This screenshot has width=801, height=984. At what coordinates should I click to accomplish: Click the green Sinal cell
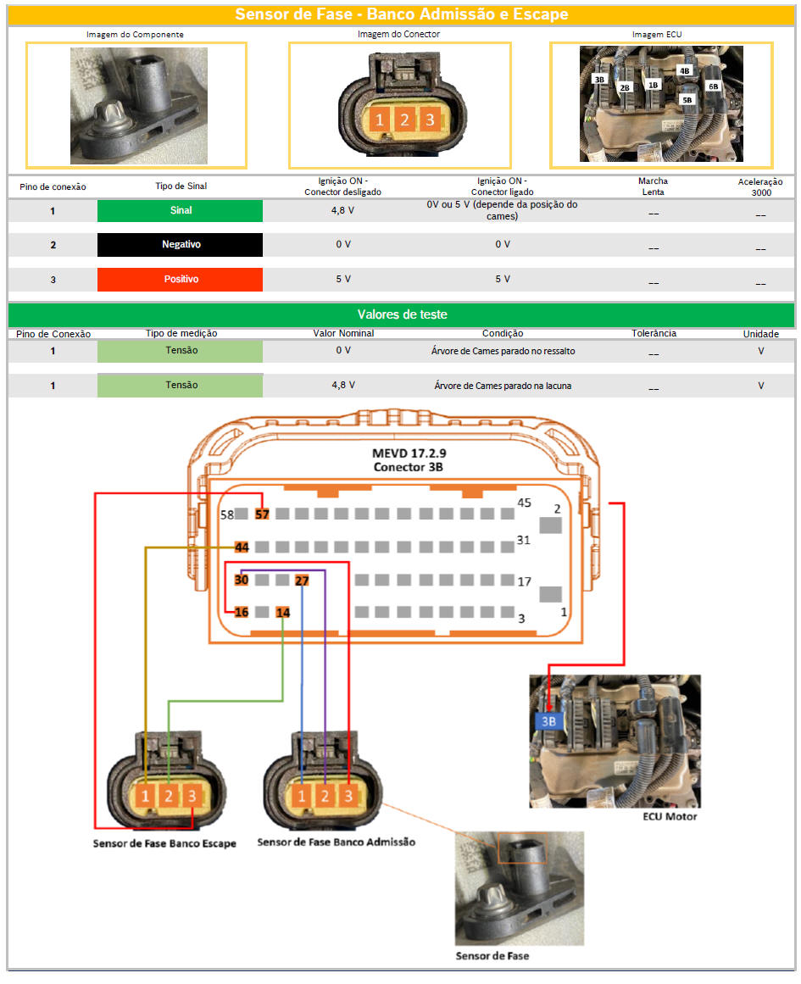[181, 211]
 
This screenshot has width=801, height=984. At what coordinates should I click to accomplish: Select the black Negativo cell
[181, 245]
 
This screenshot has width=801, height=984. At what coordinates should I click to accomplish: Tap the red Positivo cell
[181, 279]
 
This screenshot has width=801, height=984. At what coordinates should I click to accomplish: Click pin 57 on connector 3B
[262, 514]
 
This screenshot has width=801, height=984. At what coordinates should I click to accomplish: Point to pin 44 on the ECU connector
[242, 548]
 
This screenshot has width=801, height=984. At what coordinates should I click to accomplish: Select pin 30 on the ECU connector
[242, 580]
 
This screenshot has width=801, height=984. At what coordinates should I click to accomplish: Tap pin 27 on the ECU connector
[302, 581]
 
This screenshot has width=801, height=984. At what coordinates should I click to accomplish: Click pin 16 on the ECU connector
[242, 612]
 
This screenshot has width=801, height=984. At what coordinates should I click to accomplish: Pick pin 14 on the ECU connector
[283, 612]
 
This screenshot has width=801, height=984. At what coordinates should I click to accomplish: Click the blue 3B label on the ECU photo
[548, 721]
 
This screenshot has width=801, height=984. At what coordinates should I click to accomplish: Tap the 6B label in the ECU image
[713, 86]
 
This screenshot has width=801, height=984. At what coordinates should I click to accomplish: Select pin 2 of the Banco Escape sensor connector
[168, 797]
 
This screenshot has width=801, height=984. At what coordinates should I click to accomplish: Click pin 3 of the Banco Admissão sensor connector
[348, 797]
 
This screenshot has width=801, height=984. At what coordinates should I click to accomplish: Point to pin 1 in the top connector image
[379, 120]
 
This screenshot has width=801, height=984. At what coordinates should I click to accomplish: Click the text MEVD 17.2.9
[409, 453]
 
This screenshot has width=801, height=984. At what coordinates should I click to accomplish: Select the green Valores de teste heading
[402, 314]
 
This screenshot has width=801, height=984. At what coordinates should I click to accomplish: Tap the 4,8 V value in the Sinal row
[342, 211]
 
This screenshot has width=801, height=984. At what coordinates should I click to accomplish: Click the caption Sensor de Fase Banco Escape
[164, 843]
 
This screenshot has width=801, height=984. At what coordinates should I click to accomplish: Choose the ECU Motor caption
[670, 816]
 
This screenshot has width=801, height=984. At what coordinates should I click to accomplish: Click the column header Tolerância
[654, 333]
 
